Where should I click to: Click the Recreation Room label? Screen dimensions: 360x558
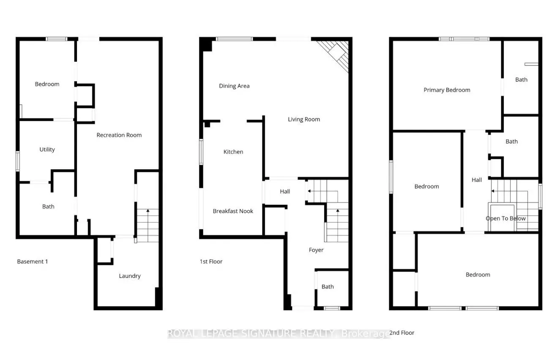(x=119, y=135)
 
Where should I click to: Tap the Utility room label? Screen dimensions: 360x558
(x=47, y=149)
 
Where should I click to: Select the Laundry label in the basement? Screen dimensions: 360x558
(x=129, y=276)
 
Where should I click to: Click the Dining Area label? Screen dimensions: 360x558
(x=234, y=86)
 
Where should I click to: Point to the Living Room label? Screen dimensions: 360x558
(x=304, y=119)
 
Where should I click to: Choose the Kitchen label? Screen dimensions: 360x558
(x=233, y=151)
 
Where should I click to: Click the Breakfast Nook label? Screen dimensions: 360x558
(x=233, y=211)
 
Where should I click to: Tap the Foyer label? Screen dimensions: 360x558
(x=316, y=250)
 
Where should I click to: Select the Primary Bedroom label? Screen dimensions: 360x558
(x=447, y=90)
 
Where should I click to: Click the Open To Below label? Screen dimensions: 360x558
(x=506, y=218)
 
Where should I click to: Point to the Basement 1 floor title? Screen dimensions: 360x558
(x=33, y=261)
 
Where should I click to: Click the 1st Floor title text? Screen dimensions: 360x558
(x=211, y=261)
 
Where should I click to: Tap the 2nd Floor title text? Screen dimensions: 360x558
(x=402, y=333)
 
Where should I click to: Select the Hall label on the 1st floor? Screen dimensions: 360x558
(x=285, y=191)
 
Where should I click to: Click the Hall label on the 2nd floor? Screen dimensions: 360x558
(x=476, y=180)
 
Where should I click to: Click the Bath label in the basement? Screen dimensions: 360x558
(x=48, y=206)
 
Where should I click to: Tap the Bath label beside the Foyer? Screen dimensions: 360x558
(x=328, y=286)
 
